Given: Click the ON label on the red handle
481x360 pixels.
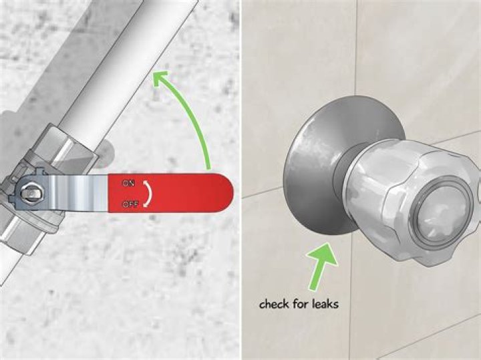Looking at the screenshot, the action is click(128, 184).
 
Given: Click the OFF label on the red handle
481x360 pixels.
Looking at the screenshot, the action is click(130, 204).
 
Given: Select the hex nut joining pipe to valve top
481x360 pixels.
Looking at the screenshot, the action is click(66, 147).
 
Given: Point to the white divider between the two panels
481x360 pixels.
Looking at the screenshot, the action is click(240, 180).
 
